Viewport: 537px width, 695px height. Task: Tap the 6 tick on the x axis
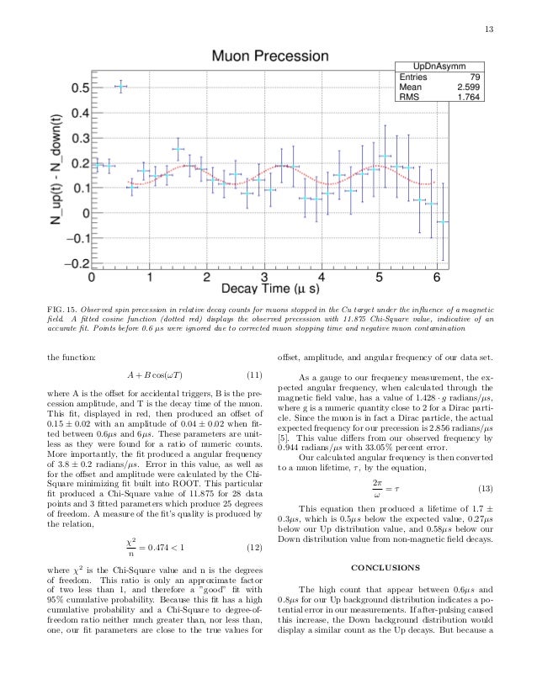[436, 277]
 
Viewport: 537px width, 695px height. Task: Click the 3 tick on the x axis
[264, 277]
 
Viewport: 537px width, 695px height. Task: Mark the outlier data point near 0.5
[120, 87]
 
